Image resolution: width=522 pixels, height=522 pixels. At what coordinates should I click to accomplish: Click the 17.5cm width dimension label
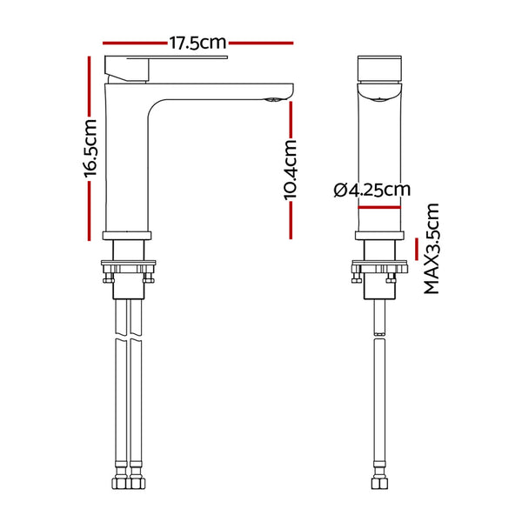pyautogui.click(x=197, y=43)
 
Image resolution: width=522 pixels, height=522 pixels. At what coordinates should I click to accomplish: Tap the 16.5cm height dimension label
pyautogui.click(x=90, y=148)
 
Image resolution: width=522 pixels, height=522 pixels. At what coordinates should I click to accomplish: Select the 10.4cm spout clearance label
pyautogui.click(x=290, y=170)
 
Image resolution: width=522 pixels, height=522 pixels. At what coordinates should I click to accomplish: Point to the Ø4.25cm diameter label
pyautogui.click(x=372, y=190)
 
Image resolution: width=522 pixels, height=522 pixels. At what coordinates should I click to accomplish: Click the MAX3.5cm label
pyautogui.click(x=432, y=248)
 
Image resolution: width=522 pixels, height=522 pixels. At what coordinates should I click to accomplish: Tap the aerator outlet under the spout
pyautogui.click(x=274, y=99)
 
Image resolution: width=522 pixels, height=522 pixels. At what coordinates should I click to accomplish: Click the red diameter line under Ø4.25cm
pyautogui.click(x=379, y=207)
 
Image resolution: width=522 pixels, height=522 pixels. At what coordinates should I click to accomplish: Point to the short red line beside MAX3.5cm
pyautogui.click(x=417, y=249)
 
